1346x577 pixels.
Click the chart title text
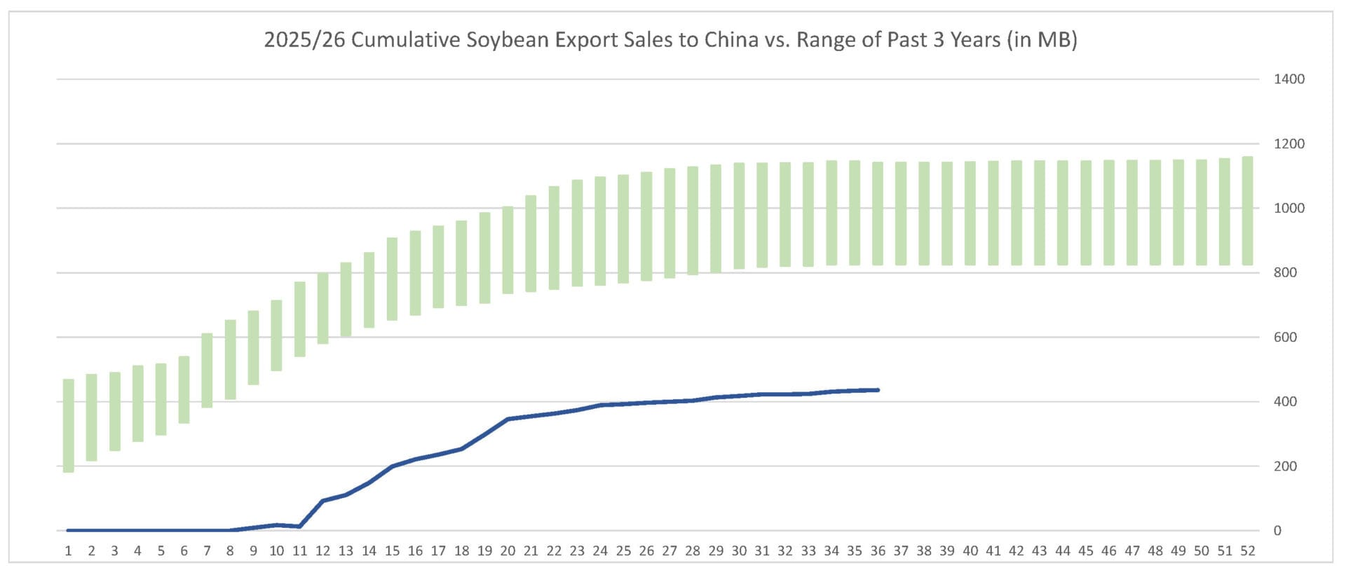coord(670,39)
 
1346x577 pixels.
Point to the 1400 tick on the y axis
coord(1289,79)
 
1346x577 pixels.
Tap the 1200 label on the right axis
coord(1289,144)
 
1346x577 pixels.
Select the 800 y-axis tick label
coord(1285,272)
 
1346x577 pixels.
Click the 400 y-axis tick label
coord(1285,401)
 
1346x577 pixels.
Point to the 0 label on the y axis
coord(1277,530)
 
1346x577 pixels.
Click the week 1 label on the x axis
coord(69,551)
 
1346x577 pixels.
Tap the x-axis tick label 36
coord(878,551)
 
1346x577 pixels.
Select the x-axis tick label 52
coord(1248,551)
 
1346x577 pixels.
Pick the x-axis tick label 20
coord(508,551)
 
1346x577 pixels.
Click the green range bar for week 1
coord(69,426)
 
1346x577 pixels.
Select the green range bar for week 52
coord(1248,211)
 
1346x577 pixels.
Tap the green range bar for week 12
coord(323,308)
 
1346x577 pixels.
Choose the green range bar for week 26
coord(646,226)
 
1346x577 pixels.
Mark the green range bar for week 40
coord(970,213)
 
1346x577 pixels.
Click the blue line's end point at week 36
coord(878,390)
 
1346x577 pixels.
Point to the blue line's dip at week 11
coord(300,527)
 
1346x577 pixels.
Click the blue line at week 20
coord(508,419)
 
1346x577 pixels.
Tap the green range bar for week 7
coord(208,370)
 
